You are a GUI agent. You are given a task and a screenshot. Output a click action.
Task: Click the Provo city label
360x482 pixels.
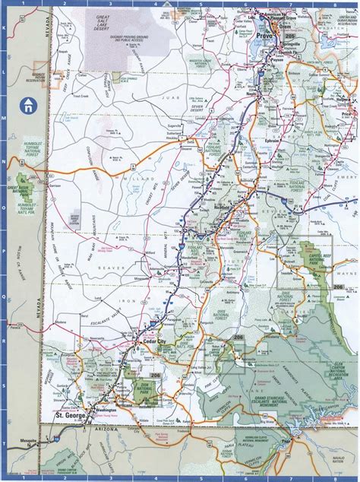point(267,36)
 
